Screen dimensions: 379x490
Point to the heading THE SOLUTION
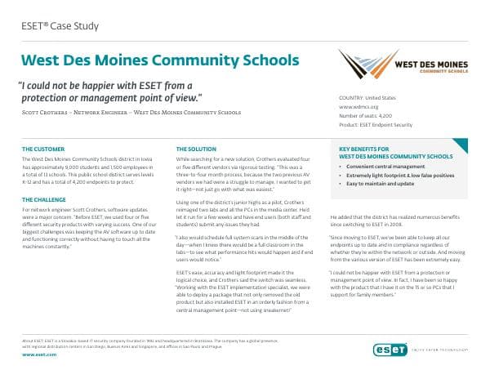[x=197, y=149]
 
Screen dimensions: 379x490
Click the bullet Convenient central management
[x=378, y=165]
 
